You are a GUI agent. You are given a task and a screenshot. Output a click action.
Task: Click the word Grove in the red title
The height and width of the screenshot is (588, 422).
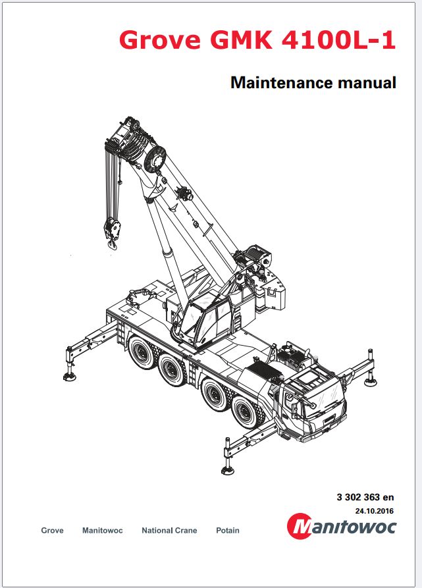pyautogui.click(x=160, y=40)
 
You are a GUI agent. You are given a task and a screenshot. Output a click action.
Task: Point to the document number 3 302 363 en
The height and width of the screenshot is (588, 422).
pyautogui.click(x=365, y=497)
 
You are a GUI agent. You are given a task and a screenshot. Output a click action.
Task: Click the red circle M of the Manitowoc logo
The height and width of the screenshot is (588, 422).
pyautogui.click(x=300, y=525)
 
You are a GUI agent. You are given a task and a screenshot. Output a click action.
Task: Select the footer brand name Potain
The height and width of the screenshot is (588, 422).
pyautogui.click(x=228, y=530)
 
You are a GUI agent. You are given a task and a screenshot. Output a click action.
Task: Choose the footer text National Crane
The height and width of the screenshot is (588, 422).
pyautogui.click(x=169, y=530)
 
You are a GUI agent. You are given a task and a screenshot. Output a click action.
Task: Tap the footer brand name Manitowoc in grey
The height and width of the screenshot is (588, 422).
pyautogui.click(x=102, y=530)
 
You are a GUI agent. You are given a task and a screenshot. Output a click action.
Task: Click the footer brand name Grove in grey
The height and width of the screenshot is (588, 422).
pyautogui.click(x=52, y=530)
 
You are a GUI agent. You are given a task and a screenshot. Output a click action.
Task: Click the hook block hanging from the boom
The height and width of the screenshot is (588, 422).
pyautogui.click(x=113, y=232)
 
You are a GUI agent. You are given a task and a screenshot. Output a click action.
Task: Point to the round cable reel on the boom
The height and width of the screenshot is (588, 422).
pyautogui.click(x=155, y=159)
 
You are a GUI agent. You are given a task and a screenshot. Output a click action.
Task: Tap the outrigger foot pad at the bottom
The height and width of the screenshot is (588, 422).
pyautogui.click(x=228, y=470)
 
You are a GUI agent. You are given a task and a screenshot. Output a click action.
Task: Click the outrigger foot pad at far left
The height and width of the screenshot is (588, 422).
pyautogui.click(x=70, y=377)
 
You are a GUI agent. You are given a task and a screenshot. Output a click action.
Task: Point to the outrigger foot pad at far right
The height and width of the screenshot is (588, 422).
pyautogui.click(x=371, y=382)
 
